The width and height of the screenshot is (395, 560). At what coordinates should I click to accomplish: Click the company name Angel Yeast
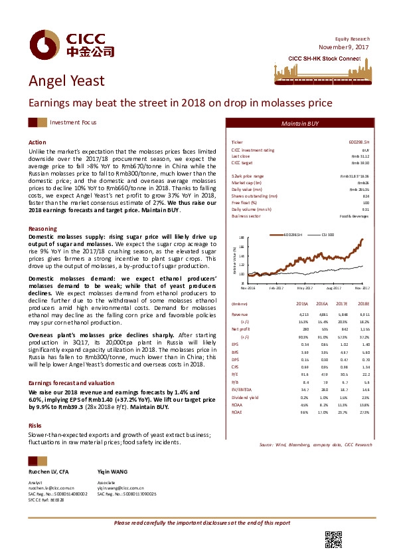66,81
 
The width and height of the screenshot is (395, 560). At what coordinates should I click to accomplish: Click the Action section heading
37,143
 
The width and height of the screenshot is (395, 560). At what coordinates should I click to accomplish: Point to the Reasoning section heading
42,229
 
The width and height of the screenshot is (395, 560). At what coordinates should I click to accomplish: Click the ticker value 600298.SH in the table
358,143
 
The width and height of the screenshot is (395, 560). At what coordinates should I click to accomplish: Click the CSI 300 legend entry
328,235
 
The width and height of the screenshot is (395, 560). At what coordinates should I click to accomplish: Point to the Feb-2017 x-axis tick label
277,289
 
